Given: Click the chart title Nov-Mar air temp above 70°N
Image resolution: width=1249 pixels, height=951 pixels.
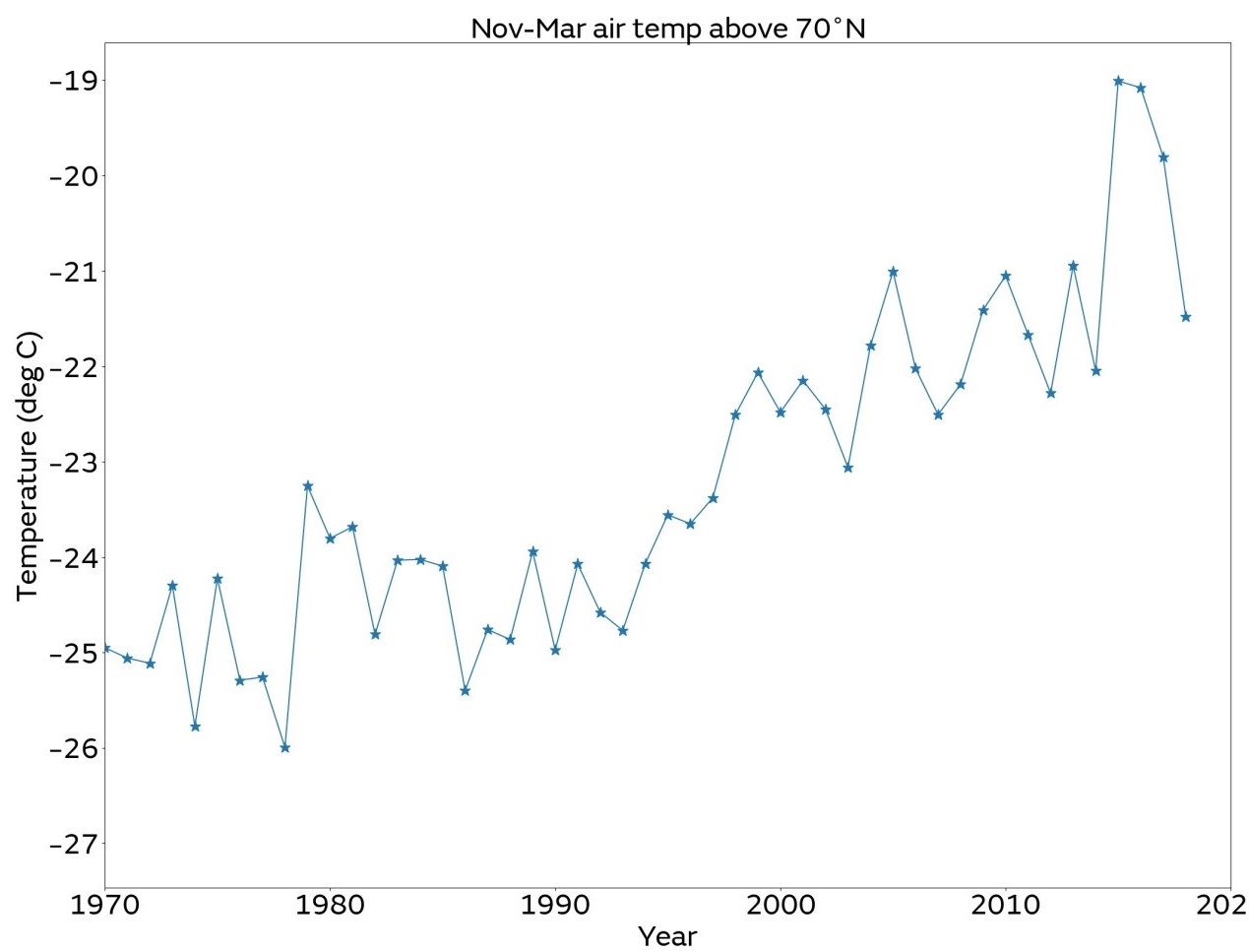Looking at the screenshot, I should [667, 28].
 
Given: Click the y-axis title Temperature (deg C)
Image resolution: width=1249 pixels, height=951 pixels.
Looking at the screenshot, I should [28, 465].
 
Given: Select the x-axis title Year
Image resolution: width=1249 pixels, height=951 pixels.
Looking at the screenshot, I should [667, 935].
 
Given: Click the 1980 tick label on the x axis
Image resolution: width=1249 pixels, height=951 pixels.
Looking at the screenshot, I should [330, 904].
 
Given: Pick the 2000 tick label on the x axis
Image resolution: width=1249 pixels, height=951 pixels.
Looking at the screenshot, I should [781, 904].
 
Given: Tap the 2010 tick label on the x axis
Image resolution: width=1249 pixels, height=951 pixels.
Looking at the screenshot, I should [1005, 904].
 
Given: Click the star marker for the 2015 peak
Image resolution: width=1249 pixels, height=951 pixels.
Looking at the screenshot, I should [1118, 81].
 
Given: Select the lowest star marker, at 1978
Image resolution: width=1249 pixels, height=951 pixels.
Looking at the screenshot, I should [285, 748].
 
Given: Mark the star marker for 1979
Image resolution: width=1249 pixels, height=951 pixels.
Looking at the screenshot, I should [308, 486].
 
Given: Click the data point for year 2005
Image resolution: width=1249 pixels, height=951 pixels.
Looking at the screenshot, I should [893, 272].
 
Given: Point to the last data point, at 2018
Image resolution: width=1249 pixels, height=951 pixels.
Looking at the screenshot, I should [1186, 317].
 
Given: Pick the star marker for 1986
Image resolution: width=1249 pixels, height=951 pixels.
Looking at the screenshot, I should [466, 691].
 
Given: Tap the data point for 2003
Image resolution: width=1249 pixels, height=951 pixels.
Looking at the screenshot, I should [848, 468].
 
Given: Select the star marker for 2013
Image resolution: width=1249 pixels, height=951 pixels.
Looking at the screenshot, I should [1073, 266].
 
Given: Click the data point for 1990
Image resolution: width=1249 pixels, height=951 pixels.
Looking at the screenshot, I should [555, 651].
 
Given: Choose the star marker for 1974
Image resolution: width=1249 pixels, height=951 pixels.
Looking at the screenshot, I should [195, 727].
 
